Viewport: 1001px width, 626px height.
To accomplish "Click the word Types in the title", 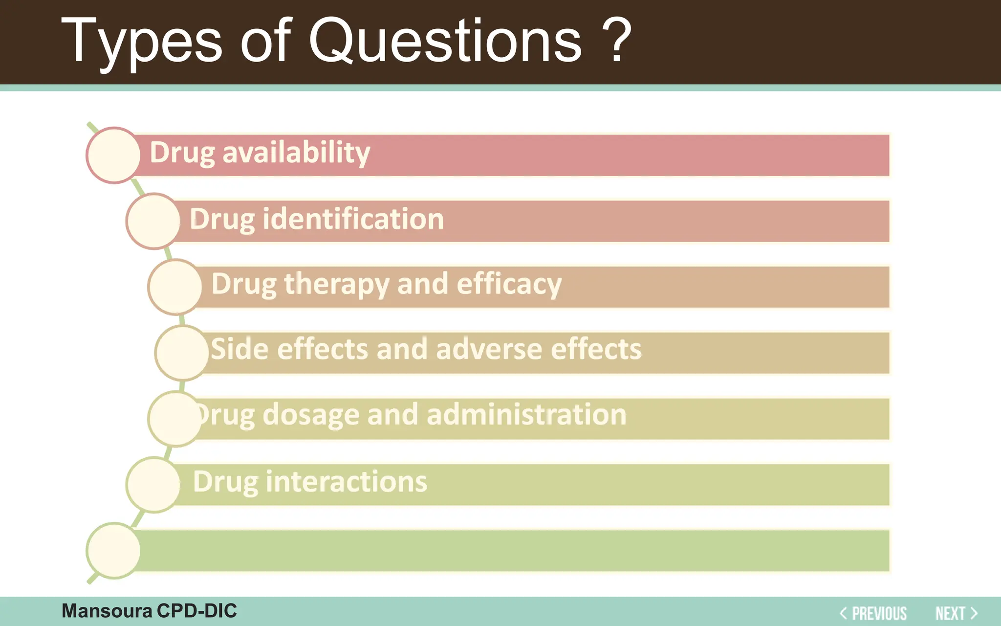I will pos(142,42).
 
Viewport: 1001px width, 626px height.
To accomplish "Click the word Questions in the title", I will pos(445,42).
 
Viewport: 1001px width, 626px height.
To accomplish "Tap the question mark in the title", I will pos(616,42).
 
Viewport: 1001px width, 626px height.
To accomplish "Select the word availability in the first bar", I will pos(296,153).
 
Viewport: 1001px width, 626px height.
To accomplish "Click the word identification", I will pos(353,219).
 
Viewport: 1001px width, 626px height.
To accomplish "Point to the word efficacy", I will pos(509,284).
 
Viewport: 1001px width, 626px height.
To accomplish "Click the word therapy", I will pos(336,284).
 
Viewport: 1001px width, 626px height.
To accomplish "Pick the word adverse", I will pos(489,349).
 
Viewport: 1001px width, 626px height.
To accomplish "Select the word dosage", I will pos(310,415).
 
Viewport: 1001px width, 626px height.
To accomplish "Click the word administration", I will pos(526,415).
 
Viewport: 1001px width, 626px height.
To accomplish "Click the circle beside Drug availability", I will pos(114,155).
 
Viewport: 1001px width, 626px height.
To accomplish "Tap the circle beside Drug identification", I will pos(153,221).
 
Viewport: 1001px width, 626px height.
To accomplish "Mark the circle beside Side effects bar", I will pos(182,353).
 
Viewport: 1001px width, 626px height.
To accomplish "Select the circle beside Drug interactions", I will pos(153,484).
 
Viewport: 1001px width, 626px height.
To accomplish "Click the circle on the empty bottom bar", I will pos(114,550).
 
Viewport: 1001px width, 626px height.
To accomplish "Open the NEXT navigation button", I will pos(956,613).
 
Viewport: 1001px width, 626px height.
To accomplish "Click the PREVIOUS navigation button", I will pos(873,613).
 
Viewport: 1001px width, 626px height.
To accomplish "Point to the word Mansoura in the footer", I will pos(107,611).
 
